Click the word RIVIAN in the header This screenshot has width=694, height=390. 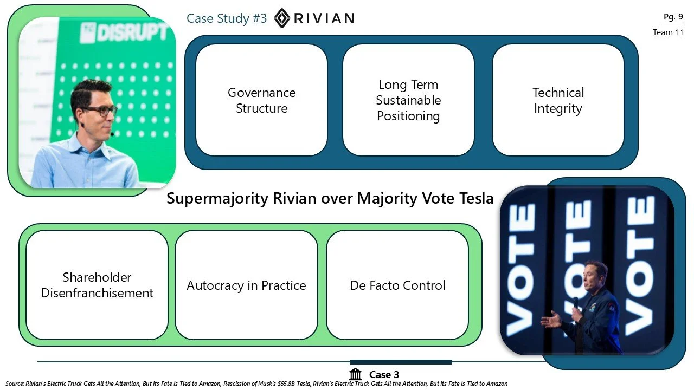324,18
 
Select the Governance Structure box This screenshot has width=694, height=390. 261,100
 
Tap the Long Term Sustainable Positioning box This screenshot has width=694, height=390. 408,100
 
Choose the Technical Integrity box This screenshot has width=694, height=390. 558,100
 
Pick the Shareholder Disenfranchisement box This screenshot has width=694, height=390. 97,285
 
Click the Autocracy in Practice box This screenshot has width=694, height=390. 246,285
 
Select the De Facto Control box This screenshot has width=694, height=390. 397,285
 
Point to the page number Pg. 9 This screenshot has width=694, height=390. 673,17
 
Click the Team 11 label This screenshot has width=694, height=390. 669,32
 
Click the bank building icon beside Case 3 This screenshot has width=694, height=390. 356,374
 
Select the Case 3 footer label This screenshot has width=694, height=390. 384,375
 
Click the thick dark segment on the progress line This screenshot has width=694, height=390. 401,362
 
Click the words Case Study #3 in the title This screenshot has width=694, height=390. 227,18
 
